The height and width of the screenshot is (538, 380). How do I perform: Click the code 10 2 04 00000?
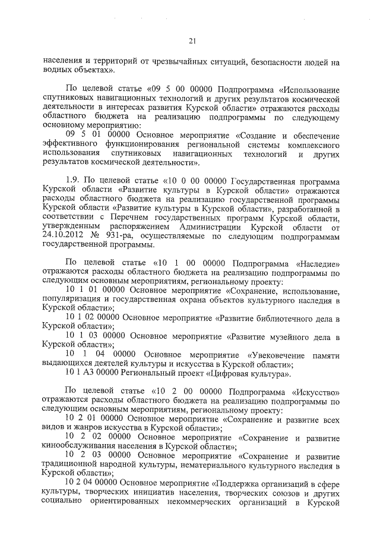point(94,484)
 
